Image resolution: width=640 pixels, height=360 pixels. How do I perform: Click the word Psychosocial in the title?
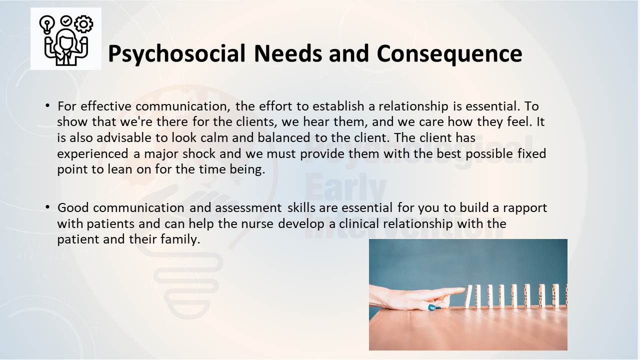click(176, 53)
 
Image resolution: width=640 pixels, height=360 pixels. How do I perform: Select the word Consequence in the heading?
click(449, 53)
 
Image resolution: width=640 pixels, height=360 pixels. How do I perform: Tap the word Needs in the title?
click(287, 53)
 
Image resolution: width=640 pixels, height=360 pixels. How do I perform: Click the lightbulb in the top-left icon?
click(47, 25)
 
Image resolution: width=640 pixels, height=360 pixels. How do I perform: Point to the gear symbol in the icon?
click(83, 23)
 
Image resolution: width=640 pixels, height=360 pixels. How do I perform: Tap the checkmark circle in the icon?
click(66, 21)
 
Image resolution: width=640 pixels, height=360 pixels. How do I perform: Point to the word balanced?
click(283, 137)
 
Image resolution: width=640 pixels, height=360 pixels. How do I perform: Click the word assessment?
click(248, 208)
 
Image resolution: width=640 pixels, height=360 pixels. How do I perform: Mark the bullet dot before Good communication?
click(47, 207)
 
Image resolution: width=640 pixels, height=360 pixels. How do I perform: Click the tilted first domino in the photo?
click(468, 297)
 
